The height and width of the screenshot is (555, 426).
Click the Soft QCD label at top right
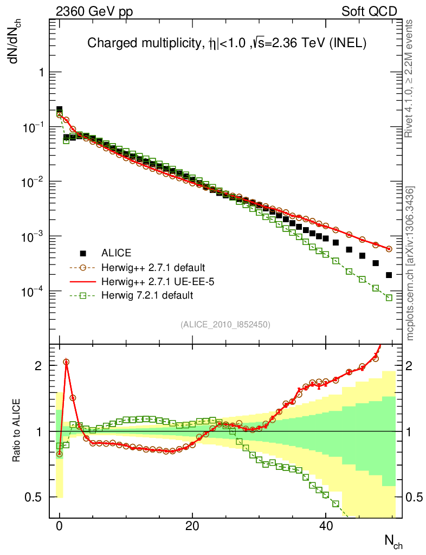tap(369, 11)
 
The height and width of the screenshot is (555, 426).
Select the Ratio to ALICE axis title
tap(17, 431)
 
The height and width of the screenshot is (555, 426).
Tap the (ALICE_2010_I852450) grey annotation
tap(225, 324)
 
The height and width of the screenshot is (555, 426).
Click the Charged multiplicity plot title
tap(228, 44)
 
